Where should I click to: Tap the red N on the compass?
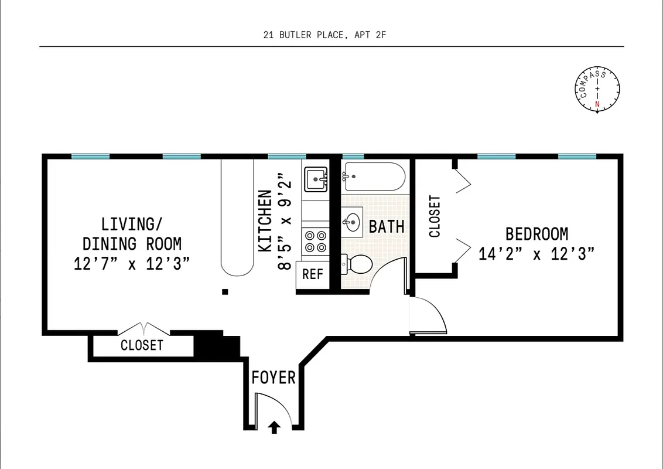click(597, 105)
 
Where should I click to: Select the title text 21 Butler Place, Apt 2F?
click(324, 35)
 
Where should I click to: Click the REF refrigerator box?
click(312, 274)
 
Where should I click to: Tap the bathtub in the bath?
click(374, 176)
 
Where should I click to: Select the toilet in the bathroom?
click(358, 265)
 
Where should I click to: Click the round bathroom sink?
click(353, 222)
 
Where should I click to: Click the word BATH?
click(387, 226)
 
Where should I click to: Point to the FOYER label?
click(274, 378)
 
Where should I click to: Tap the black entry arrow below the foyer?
click(274, 428)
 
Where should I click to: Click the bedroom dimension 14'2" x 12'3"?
click(536, 255)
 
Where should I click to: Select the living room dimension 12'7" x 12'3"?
click(132, 264)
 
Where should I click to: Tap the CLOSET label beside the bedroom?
click(435, 216)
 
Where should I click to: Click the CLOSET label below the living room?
click(142, 345)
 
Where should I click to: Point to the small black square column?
click(224, 291)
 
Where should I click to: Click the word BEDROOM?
click(536, 235)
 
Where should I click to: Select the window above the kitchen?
click(287, 157)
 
